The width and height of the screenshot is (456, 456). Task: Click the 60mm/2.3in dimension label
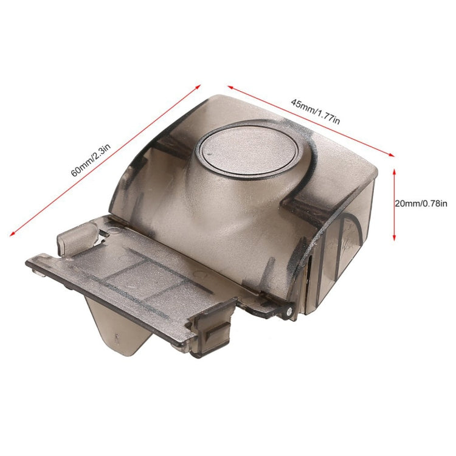[x=91, y=160]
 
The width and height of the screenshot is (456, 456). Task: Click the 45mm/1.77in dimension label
[x=315, y=112]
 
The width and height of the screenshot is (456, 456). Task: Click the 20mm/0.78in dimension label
[x=421, y=204]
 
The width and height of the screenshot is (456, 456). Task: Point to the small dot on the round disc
[x=209, y=153]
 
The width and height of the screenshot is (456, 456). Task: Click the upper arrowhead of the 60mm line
[x=198, y=87]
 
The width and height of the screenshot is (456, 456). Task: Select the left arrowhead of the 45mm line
[x=230, y=87]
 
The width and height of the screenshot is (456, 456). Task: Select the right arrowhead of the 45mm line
[x=391, y=154]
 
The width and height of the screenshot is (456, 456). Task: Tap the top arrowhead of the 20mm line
[x=395, y=171]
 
